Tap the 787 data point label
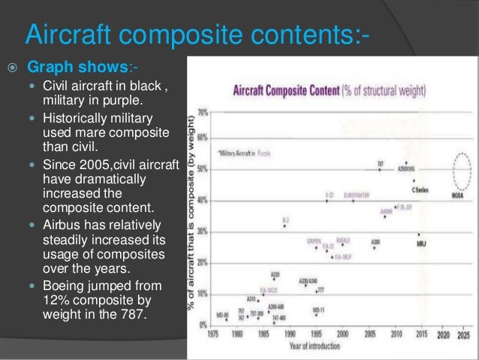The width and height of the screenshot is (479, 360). coord(380,162)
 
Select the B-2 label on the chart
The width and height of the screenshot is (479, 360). coord(285,219)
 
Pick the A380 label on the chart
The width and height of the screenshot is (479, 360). coord(375,241)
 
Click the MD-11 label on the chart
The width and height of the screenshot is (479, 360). coord(318,307)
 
